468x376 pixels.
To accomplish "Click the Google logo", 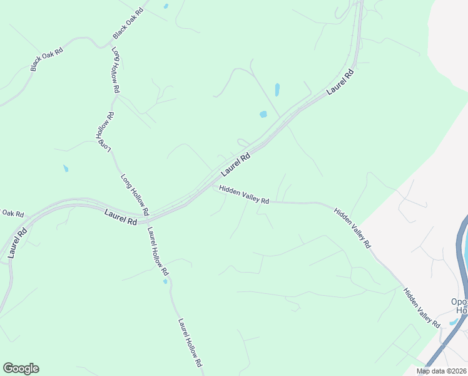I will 21,368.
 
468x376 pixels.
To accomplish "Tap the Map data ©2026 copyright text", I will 442,371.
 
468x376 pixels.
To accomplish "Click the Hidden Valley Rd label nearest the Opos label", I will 422,307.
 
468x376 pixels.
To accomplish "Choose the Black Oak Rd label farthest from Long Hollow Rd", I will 47,59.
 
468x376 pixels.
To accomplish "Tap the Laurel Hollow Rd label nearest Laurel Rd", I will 158,251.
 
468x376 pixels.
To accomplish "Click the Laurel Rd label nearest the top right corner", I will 340,82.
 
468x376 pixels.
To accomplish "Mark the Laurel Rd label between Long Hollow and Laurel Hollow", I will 121,218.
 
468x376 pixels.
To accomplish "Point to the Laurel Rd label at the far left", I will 18,243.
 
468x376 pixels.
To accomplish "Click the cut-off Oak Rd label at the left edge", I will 12,213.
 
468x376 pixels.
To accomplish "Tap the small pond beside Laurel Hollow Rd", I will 165,281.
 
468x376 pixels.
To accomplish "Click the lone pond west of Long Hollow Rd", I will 66,169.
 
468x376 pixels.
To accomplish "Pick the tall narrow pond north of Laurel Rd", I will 277,90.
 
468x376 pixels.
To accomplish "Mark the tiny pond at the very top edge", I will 166,6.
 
